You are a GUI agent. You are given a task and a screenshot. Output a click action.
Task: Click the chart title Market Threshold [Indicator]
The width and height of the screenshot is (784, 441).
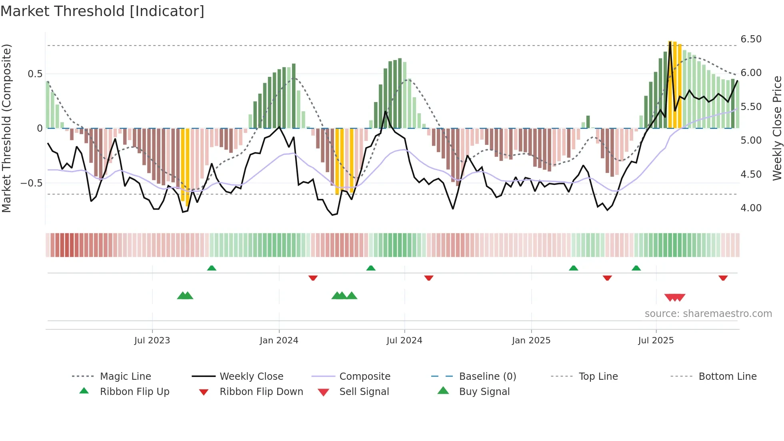pyautogui.click(x=102, y=11)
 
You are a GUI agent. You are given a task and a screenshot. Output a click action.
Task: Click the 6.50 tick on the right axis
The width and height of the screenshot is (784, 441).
pyautogui.click(x=751, y=39)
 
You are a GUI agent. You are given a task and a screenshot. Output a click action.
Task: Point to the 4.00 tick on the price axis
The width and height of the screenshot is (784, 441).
pyautogui.click(x=751, y=208)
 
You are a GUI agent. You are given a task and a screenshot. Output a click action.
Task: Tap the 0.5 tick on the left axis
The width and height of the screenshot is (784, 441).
pyautogui.click(x=35, y=74)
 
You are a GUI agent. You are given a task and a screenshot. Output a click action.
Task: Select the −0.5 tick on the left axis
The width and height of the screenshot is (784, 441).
pyautogui.click(x=31, y=183)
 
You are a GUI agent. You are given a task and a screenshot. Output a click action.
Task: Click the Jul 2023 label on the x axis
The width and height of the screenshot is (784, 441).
pyautogui.click(x=152, y=341)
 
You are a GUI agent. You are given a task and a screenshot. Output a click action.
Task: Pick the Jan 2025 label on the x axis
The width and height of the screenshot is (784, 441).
pyautogui.click(x=531, y=341)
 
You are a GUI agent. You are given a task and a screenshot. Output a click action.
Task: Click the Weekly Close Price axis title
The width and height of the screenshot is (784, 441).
pyautogui.click(x=776, y=128)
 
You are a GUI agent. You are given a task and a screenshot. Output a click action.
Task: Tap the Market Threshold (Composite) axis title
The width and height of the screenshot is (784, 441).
pyautogui.click(x=6, y=128)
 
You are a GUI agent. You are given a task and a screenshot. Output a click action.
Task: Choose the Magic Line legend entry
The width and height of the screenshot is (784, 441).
pyautogui.click(x=125, y=377)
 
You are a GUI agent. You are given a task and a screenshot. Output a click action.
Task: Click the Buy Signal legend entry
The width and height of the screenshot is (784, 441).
pyautogui.click(x=484, y=392)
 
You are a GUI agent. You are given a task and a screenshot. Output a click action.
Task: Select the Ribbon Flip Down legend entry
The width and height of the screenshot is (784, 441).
pyautogui.click(x=261, y=392)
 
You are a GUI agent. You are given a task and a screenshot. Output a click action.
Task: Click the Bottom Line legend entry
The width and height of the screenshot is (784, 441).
pyautogui.click(x=727, y=377)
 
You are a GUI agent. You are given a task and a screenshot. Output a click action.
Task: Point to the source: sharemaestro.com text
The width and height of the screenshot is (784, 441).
pyautogui.click(x=708, y=314)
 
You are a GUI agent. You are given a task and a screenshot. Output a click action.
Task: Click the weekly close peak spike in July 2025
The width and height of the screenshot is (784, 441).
pyautogui.click(x=670, y=42)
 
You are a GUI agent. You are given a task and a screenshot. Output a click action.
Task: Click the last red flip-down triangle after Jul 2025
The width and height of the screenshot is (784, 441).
pyautogui.click(x=723, y=278)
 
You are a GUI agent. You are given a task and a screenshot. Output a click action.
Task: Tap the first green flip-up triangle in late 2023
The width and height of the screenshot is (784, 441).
pyautogui.click(x=212, y=268)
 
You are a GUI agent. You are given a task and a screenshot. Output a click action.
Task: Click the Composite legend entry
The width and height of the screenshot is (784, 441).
pyautogui.click(x=364, y=377)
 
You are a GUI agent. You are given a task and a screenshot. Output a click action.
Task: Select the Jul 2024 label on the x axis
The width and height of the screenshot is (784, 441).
pyautogui.click(x=404, y=341)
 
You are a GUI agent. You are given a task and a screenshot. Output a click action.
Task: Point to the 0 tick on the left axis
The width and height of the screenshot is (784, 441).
pyautogui.click(x=40, y=128)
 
